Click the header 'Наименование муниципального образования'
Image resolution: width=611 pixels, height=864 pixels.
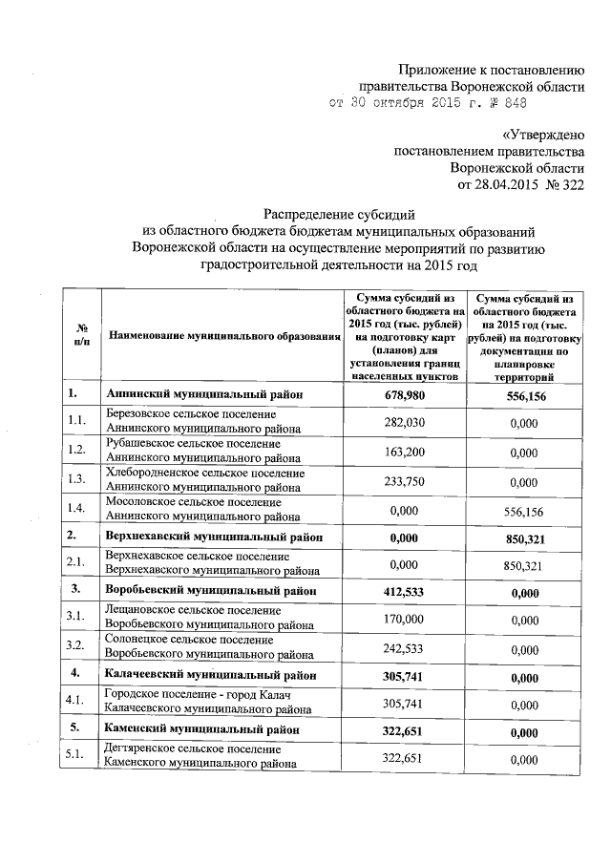[219, 336]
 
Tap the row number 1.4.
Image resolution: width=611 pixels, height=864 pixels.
[77, 511]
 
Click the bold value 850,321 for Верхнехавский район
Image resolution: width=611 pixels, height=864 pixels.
[524, 539]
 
